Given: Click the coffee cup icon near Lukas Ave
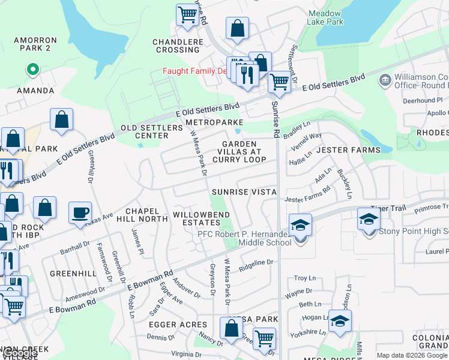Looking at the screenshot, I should pyautogui.click(x=80, y=213).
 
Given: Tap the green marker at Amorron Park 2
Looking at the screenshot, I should pyautogui.click(x=32, y=70).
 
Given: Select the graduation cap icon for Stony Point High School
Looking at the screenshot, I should pyautogui.click(x=369, y=220).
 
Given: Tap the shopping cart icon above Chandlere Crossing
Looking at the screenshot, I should pyautogui.click(x=187, y=14).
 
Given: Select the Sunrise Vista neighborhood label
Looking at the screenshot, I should pyautogui.click(x=244, y=192).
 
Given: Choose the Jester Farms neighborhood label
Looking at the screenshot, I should pyautogui.click(x=348, y=149).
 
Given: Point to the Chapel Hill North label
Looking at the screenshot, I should pyautogui.click(x=142, y=215).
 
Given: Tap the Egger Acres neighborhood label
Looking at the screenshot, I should pyautogui.click(x=178, y=325).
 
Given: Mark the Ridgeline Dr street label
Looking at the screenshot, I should pyautogui.click(x=256, y=263).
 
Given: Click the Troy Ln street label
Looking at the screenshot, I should pyautogui.click(x=304, y=278).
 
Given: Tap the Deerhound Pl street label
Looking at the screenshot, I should pyautogui.click(x=422, y=100).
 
